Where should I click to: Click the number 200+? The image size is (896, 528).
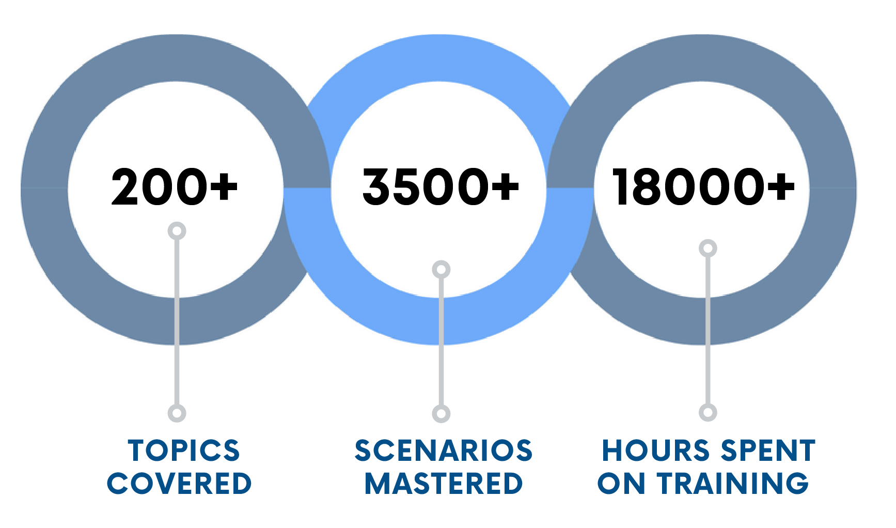tap(175, 187)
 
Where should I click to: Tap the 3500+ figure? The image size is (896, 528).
tap(441, 187)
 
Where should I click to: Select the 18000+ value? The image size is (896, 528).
tap(703, 187)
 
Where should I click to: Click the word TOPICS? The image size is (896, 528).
tap(184, 451)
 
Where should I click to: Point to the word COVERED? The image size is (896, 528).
tap(179, 484)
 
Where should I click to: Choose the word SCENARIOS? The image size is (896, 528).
tap(444, 451)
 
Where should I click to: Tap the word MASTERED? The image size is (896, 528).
tap(444, 484)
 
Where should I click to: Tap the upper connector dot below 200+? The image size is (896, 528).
tap(177, 231)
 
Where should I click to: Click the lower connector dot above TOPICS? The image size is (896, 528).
tap(177, 413)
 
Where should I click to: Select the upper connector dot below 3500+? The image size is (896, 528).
tap(441, 270)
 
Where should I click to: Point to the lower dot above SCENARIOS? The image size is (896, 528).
tap(441, 413)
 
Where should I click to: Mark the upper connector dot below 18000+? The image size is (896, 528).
tap(708, 249)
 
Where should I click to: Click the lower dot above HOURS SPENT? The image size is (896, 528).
tap(708, 412)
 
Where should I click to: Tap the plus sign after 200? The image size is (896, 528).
tap(224, 185)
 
